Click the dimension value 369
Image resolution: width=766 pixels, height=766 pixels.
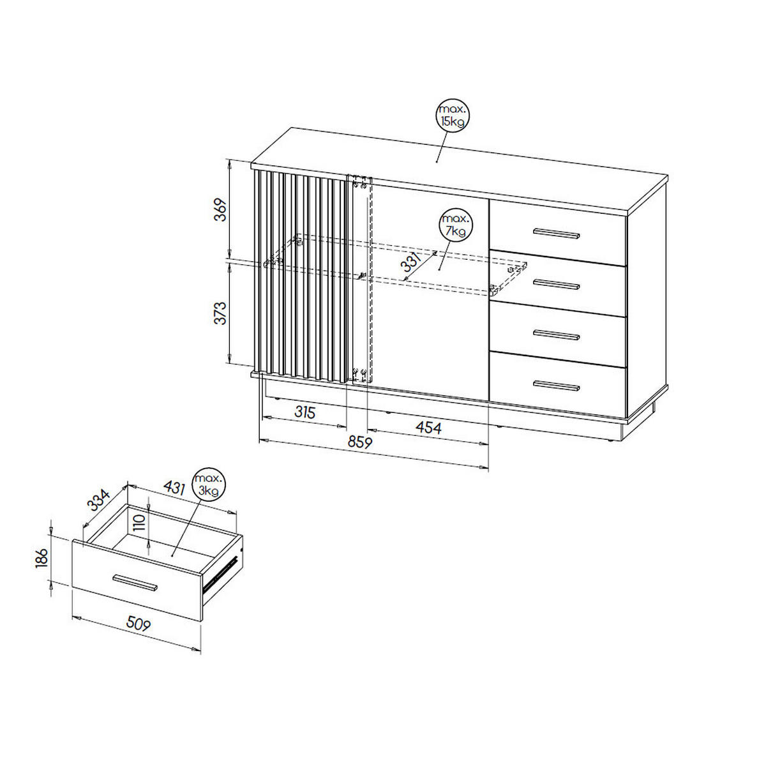point(220,210)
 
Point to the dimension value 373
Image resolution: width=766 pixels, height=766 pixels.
point(220,313)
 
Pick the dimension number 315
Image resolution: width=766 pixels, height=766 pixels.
point(305,412)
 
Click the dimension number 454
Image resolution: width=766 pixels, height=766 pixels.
point(428,428)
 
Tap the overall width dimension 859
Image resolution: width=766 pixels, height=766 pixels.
point(360,442)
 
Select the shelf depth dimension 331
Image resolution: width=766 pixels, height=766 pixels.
point(411,261)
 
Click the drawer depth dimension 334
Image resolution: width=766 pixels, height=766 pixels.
point(98,500)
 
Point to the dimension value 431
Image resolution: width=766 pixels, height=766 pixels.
point(174,488)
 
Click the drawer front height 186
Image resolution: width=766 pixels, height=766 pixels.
point(41,558)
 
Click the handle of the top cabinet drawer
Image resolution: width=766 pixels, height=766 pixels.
point(556,234)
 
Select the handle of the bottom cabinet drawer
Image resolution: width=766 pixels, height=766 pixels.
point(556,386)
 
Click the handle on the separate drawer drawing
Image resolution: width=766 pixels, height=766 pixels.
point(135,582)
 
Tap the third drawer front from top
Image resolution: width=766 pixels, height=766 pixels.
point(558,334)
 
